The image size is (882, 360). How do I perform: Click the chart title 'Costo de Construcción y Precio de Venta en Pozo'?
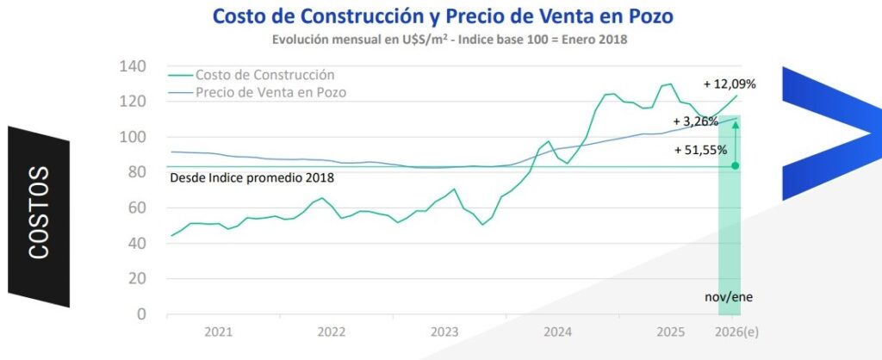(444, 16)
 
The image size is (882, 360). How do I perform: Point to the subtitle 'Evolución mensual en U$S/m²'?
(359, 40)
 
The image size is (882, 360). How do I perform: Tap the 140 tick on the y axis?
(133, 66)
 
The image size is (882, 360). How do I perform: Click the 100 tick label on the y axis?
(133, 137)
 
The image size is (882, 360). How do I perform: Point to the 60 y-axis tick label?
(137, 208)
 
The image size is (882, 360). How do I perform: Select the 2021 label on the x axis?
(218, 332)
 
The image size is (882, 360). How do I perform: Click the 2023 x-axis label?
(444, 332)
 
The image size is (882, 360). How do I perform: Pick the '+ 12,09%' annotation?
(730, 84)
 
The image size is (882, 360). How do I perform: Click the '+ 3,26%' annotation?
(695, 121)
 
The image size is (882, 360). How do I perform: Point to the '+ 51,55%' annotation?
(701, 150)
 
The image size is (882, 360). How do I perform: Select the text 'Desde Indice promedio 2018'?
(252, 178)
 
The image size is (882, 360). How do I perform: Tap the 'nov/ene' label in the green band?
(729, 297)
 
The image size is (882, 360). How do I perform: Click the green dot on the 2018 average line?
(735, 166)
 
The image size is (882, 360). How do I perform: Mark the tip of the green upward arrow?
(735, 121)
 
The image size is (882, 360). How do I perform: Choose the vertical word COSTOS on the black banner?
(39, 213)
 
